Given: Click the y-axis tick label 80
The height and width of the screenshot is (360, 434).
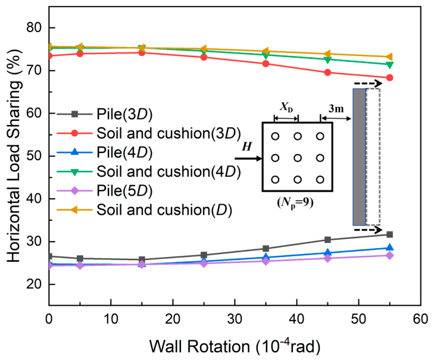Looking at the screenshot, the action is point(34,28).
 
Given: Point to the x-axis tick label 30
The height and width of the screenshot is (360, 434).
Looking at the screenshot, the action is point(235,319).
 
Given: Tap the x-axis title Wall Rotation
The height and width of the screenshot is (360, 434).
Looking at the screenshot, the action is point(200,346).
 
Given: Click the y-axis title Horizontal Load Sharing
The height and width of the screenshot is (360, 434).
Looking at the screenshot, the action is point(14,155).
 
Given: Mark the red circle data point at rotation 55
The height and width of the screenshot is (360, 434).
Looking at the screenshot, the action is point(389,78).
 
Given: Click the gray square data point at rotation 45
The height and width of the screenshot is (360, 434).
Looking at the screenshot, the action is point(327,240).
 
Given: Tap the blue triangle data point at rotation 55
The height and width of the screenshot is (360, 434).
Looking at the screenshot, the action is point(389,248).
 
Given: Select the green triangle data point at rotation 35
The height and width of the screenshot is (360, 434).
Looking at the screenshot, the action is point(266,55).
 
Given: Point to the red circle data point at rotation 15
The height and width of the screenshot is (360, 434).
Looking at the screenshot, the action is point(142,52).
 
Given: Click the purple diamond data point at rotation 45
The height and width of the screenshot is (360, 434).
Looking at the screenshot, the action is point(327,258).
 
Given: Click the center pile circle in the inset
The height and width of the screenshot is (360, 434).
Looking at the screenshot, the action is point(298,158).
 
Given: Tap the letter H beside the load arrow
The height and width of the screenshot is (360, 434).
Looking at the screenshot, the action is point(246,146).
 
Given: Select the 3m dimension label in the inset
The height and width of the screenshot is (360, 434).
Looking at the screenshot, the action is point(336,109).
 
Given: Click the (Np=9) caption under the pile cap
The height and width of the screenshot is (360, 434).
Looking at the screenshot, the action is point(295,204).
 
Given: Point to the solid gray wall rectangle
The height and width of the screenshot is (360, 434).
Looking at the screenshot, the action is point(360,157).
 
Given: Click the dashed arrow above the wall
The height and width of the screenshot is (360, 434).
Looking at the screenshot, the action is point(368,83).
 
